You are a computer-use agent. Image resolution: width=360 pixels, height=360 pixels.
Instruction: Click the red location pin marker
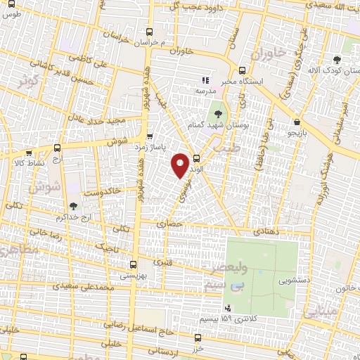click(x=180, y=165)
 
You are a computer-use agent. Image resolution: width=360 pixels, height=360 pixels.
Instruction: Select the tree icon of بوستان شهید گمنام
click(x=216, y=112)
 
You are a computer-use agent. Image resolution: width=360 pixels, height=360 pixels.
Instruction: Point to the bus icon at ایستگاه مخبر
click(x=242, y=70)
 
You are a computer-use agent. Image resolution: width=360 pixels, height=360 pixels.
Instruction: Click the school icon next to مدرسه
click(x=206, y=80)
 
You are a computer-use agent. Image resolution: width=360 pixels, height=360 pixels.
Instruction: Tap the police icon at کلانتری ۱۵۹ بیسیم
click(x=228, y=308)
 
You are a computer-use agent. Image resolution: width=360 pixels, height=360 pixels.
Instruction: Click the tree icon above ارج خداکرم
click(x=72, y=206)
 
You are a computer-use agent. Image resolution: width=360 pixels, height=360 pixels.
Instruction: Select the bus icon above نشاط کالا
click(x=58, y=148)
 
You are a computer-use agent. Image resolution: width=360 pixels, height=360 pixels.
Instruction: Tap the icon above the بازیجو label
click(x=298, y=122)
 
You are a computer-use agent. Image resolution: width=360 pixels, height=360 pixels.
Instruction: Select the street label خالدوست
click(x=102, y=191)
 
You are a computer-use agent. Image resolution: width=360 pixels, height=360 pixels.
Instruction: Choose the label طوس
click(x=12, y=15)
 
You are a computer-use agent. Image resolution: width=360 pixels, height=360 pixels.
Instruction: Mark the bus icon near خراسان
click(x=148, y=31)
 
